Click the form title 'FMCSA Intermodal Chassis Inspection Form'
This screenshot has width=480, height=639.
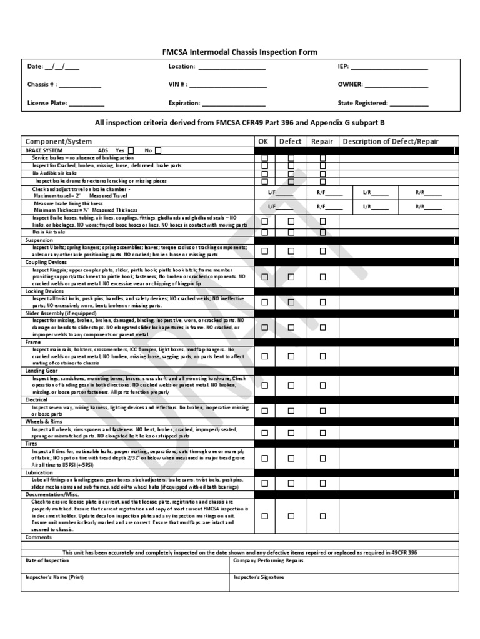pyautogui.click(x=240, y=52)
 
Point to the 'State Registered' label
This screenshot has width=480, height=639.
pyautogui.click(x=362, y=103)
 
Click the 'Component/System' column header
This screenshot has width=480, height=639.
pyautogui.click(x=58, y=142)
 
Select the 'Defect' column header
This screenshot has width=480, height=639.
pyautogui.click(x=290, y=142)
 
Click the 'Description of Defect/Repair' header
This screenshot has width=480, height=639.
pyautogui.click(x=399, y=142)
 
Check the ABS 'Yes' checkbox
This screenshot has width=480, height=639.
pyautogui.click(x=131, y=150)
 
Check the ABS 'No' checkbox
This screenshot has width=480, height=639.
pyautogui.click(x=158, y=150)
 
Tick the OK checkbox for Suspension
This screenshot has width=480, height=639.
pyautogui.click(x=264, y=251)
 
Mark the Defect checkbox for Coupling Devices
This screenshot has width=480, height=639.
pyautogui.click(x=291, y=276)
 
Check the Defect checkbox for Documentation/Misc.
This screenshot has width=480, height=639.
pyautogui.click(x=291, y=516)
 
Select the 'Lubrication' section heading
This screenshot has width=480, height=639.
pyautogui.click(x=39, y=473)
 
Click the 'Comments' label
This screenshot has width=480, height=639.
pyautogui.click(x=38, y=537)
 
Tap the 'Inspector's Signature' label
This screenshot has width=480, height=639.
pyautogui.click(x=259, y=577)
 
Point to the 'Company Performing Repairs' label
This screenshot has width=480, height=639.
pyautogui.click(x=268, y=560)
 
